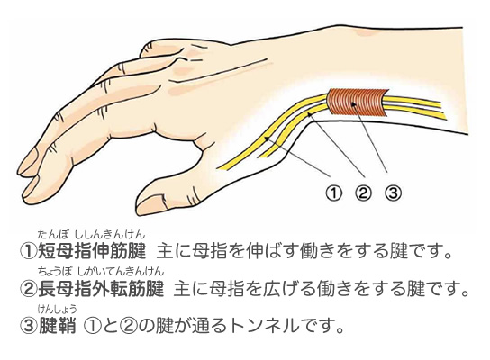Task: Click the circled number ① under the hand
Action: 334,193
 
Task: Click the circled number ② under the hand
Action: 363,193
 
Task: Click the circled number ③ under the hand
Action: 393,193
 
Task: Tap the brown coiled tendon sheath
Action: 357,103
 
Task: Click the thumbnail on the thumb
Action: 150,205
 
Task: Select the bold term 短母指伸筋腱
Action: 92,250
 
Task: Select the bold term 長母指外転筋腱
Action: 101,288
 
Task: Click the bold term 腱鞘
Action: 57,326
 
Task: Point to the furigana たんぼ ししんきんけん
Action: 91,234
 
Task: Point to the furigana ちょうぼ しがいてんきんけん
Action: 101,272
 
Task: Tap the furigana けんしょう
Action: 57,309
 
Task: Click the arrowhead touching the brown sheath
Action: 353,105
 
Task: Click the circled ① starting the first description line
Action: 28,251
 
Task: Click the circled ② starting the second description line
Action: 28,289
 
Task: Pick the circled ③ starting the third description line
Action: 28,327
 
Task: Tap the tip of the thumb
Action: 138,209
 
